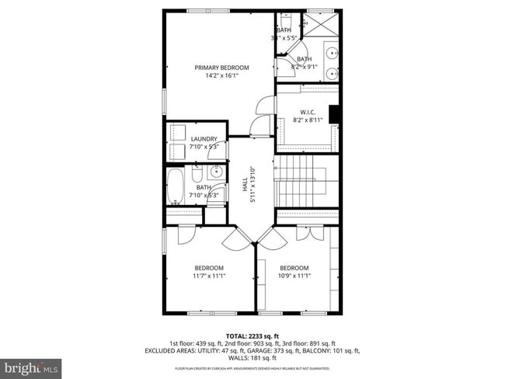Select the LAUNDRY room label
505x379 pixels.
[204, 139]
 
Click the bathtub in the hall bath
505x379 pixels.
[176, 187]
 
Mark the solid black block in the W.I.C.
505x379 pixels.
[334, 114]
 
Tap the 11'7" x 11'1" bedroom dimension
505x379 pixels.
[209, 276]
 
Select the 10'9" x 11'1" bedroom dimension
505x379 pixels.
[294, 276]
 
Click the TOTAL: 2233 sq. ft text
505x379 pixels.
[252, 335]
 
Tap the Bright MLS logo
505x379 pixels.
[31, 366]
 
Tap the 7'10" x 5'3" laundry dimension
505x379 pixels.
[204, 146]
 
